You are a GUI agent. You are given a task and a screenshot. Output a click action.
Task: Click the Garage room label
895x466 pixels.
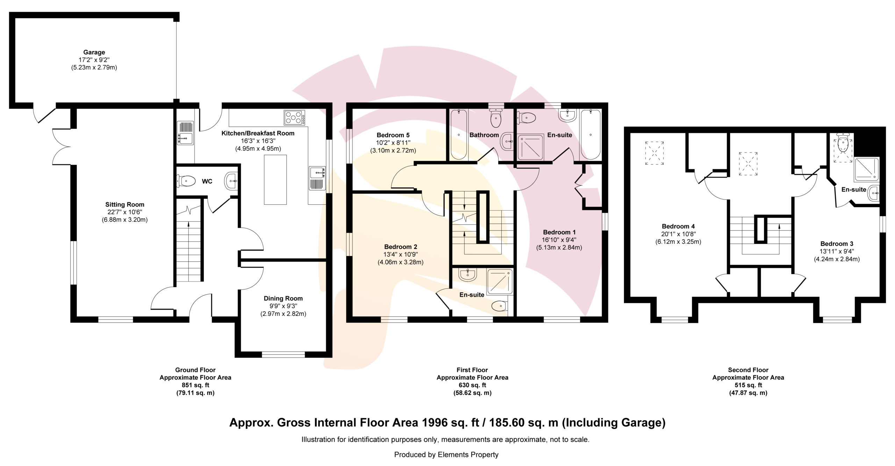94,52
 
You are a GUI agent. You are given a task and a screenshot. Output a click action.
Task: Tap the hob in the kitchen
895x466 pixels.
294,118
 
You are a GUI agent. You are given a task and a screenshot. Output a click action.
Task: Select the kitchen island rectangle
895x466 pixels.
275,179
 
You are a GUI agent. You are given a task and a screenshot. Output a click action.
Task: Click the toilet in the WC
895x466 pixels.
186,181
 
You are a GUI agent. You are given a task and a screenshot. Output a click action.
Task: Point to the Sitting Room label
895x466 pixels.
125,205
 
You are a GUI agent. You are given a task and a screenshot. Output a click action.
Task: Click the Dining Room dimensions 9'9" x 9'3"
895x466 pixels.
283,306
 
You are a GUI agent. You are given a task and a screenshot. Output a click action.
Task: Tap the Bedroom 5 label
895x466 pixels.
393,135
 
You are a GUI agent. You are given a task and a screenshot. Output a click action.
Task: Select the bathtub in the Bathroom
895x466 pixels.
458,135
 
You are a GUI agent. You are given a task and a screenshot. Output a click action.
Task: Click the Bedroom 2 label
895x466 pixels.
401,247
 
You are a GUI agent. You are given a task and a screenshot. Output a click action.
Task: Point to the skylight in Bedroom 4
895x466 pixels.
654,153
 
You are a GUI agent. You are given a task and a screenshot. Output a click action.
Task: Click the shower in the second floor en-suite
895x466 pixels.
866,170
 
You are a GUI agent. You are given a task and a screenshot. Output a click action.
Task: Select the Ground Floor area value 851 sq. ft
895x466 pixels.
195,385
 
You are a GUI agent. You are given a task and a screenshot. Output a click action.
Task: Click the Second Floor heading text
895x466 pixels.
748,370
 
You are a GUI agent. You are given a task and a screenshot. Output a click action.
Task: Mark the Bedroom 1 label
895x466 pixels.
559,232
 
